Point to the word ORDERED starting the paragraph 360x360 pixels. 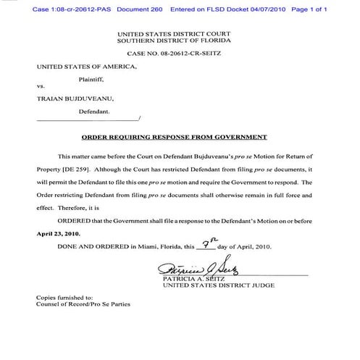pos(76,219)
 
